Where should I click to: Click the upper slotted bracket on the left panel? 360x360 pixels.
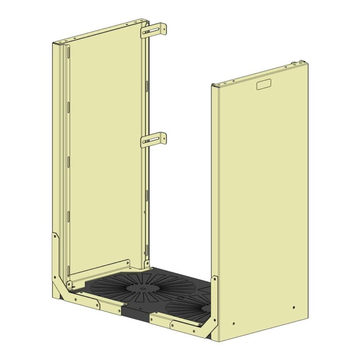coord(153,30)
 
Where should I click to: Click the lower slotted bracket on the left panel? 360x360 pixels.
coord(153,140)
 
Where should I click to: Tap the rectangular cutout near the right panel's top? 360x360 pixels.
coord(263,85)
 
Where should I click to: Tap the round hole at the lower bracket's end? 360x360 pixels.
coord(163,138)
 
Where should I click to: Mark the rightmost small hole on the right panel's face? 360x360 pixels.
coord(293,307)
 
